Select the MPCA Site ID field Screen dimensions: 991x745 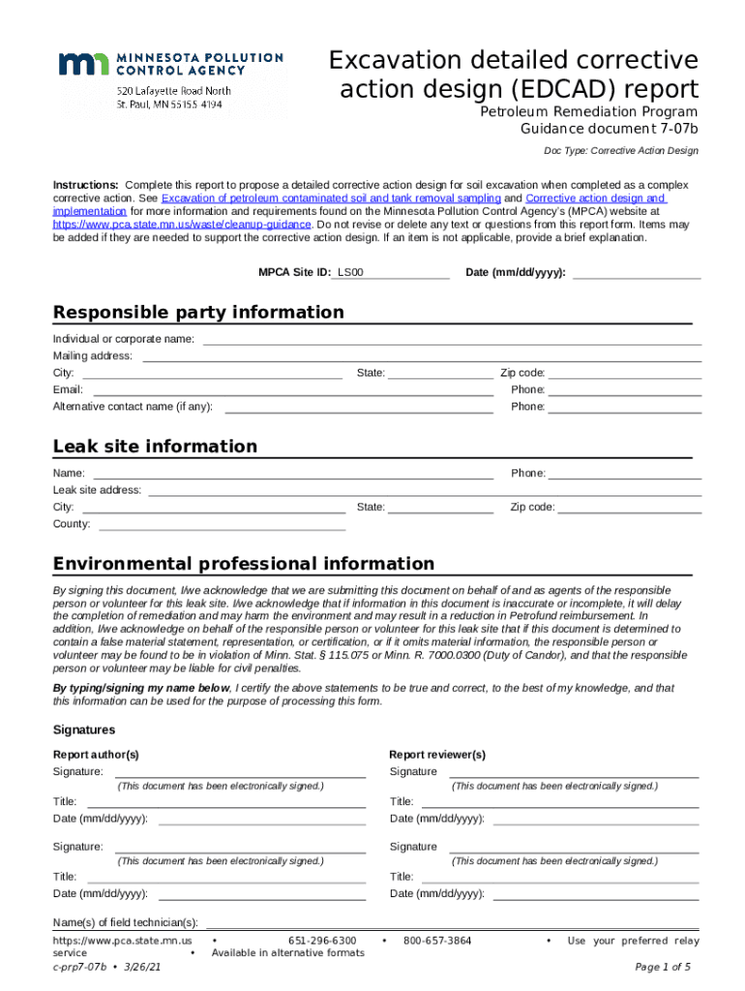(392, 273)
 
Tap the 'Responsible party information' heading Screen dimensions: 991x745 (198, 312)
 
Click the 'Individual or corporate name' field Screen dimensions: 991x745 (451, 339)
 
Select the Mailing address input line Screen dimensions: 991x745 (422, 356)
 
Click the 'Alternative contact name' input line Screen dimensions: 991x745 (358, 406)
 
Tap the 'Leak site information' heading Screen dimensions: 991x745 (155, 446)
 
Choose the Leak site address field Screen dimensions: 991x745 (424, 491)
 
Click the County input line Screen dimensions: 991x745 (222, 525)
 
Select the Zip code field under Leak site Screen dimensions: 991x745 (630, 507)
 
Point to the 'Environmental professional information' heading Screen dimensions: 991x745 (244, 563)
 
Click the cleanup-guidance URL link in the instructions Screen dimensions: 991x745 (182, 224)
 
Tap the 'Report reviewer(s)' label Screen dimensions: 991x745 (437, 755)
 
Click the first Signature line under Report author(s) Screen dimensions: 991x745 (240, 772)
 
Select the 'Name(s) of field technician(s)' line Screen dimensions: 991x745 (452, 922)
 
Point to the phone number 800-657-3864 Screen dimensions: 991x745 (437, 941)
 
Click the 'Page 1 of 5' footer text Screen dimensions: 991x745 (663, 967)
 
